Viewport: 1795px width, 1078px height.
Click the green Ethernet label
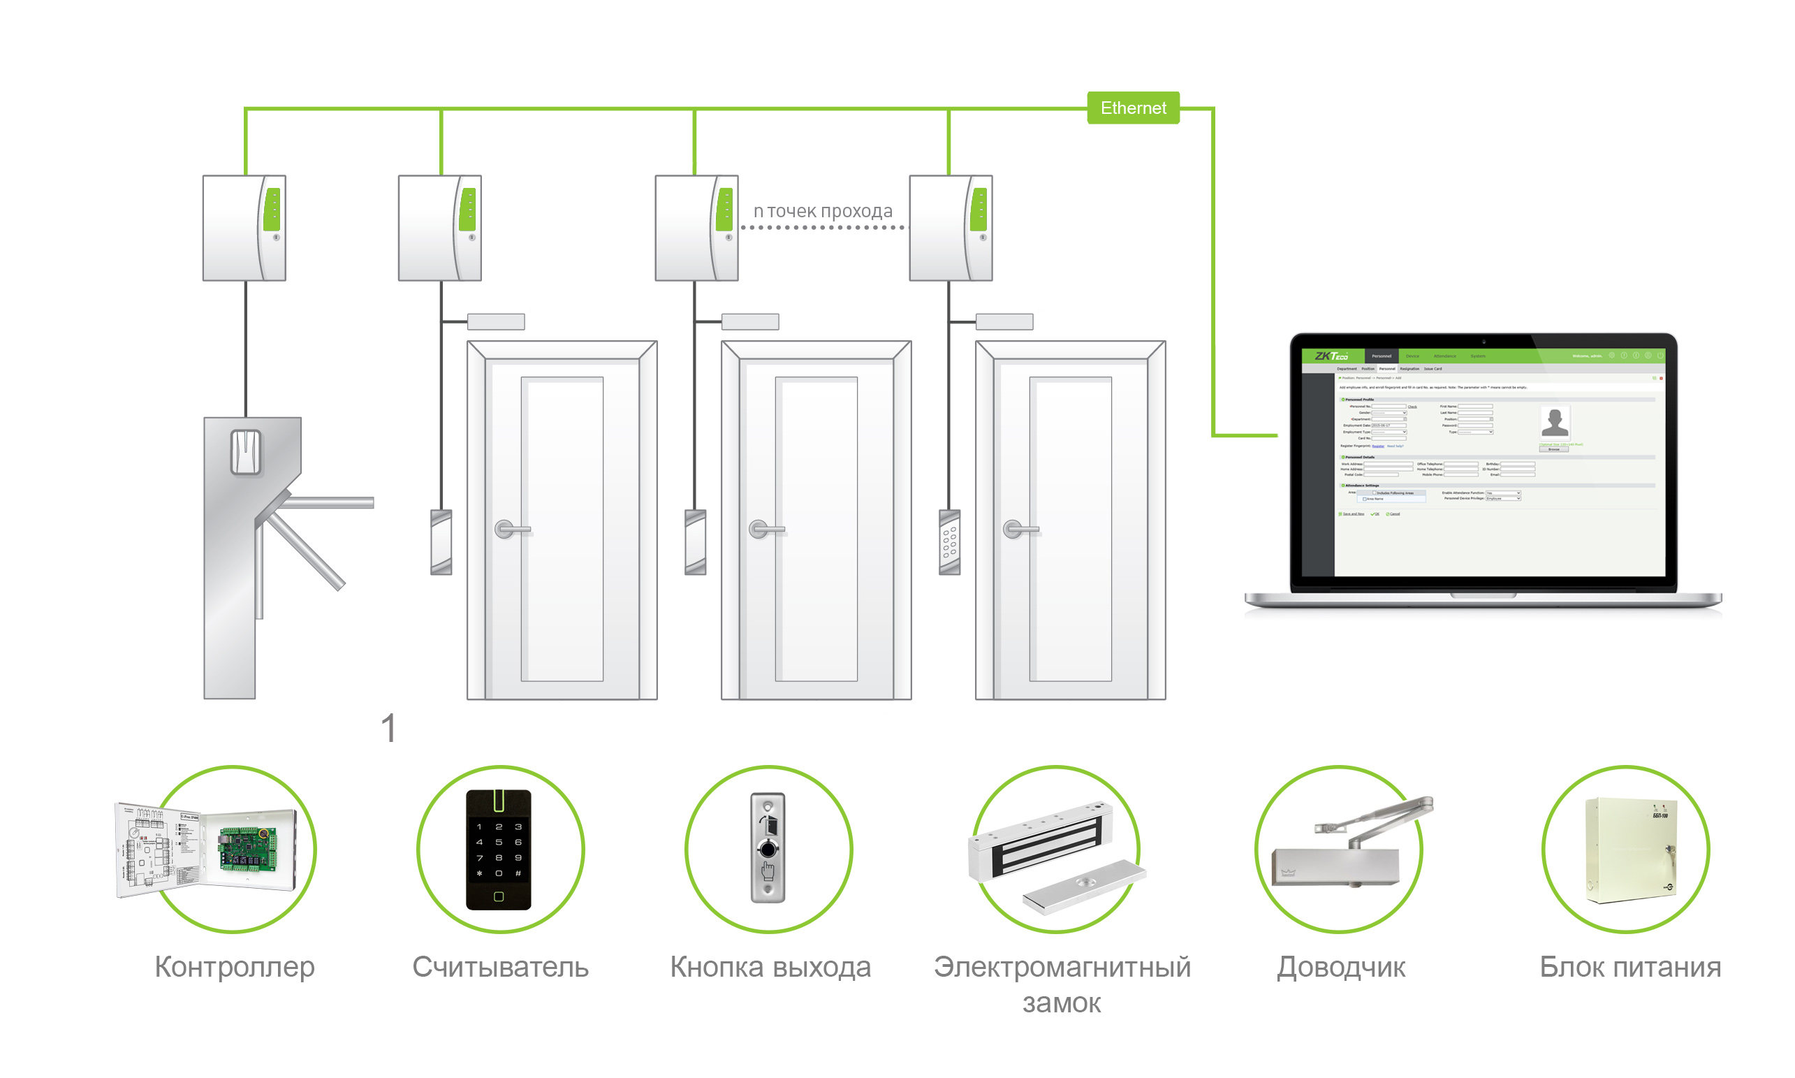pyautogui.click(x=1132, y=108)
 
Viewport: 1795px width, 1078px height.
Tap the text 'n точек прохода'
pyautogui.click(x=822, y=211)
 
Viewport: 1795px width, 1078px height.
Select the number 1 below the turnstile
pyautogui.click(x=388, y=728)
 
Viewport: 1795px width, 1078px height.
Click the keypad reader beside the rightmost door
pyautogui.click(x=949, y=542)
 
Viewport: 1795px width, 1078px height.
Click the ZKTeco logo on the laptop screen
pyautogui.click(x=1331, y=356)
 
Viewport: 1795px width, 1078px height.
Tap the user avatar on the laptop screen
pyautogui.click(x=1554, y=422)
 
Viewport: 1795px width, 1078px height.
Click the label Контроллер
pyautogui.click(x=235, y=967)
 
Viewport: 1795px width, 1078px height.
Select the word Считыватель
pyautogui.click(x=500, y=967)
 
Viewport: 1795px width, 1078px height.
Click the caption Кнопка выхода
pyautogui.click(x=770, y=967)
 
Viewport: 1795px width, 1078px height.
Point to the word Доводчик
pyautogui.click(x=1340, y=967)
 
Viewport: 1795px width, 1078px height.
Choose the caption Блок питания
pyautogui.click(x=1629, y=967)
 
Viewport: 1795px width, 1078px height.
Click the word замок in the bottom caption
pyautogui.click(x=1061, y=1003)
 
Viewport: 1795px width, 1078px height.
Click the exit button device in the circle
pyautogui.click(x=768, y=847)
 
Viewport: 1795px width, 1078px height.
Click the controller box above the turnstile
pyautogui.click(x=244, y=228)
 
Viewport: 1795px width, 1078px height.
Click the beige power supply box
pyautogui.click(x=1631, y=850)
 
